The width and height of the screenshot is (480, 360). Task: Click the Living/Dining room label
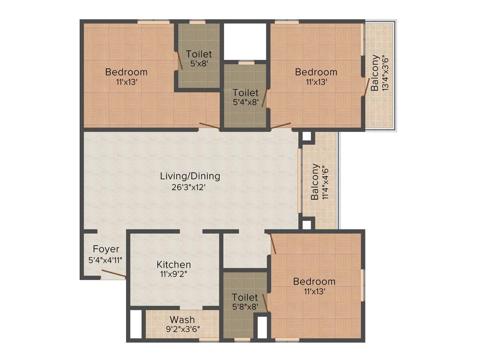coord(190,176)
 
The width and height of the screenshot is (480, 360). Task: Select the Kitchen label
coord(173,264)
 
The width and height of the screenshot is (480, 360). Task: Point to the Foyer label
coord(105,249)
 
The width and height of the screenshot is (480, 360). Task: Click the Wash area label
coord(182,320)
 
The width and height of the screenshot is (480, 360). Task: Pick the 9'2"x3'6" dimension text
coord(182,329)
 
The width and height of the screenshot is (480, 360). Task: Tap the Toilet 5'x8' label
coord(199,54)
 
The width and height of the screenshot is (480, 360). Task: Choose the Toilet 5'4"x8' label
coord(245,93)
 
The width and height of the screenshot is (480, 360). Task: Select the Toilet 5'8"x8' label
coord(245,298)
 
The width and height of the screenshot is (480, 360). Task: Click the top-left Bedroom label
coord(126,72)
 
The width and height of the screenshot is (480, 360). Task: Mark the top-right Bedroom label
coord(316,72)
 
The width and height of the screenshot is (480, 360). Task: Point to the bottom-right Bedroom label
coord(314,281)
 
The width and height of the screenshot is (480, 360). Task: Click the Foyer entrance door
coord(114,274)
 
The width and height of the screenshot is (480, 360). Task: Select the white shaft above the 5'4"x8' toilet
coord(245,41)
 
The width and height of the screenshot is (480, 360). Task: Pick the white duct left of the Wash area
coord(135,324)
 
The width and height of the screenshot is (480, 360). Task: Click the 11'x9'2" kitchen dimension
coord(173,274)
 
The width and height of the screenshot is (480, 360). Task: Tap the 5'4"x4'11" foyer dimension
coord(105,259)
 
